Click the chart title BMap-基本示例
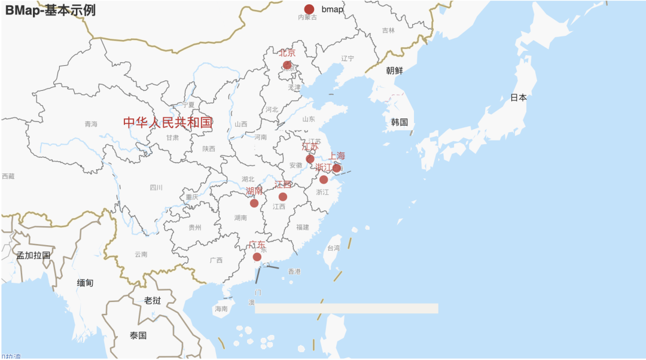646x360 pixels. point(50,10)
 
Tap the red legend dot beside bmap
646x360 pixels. point(309,9)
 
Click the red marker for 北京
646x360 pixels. point(287,65)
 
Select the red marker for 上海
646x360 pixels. point(337,168)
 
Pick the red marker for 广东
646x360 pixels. point(257,257)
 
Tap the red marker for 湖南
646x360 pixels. point(254,203)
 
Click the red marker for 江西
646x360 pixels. point(283,197)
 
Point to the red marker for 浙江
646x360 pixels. point(324,179)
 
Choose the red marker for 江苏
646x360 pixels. point(310,159)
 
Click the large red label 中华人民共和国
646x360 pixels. point(168,123)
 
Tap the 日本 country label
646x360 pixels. point(519,97)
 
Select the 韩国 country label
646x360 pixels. point(400,123)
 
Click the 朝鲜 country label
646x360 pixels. point(394,70)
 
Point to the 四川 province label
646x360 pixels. point(156,187)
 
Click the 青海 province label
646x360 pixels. point(91,124)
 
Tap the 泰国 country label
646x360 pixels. point(138,335)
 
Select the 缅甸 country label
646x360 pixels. point(86,283)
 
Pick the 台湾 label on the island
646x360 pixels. point(333,248)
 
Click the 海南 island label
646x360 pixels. point(221,309)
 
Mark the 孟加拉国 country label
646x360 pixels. point(33,255)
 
